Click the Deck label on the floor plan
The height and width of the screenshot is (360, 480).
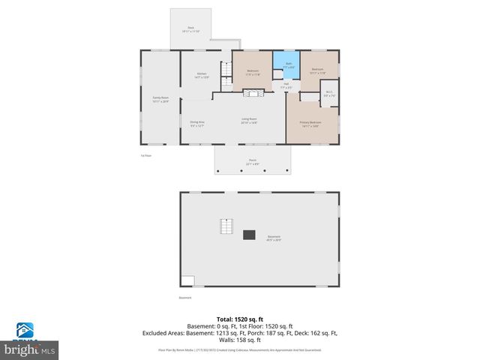click(x=190, y=29)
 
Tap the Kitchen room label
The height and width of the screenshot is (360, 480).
click(x=201, y=75)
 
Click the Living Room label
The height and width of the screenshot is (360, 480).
click(x=249, y=121)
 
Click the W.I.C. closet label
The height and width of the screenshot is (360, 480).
click(x=328, y=94)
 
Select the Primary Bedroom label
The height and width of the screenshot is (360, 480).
click(x=310, y=124)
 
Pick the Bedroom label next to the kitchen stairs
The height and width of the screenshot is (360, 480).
click(x=253, y=73)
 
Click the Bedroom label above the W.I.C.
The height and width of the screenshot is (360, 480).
click(x=318, y=72)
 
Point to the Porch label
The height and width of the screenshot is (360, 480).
click(x=252, y=162)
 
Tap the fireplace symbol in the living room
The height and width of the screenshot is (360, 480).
click(x=254, y=92)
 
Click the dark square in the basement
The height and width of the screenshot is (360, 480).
click(x=249, y=234)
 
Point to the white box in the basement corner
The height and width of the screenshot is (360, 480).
click(x=187, y=281)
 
